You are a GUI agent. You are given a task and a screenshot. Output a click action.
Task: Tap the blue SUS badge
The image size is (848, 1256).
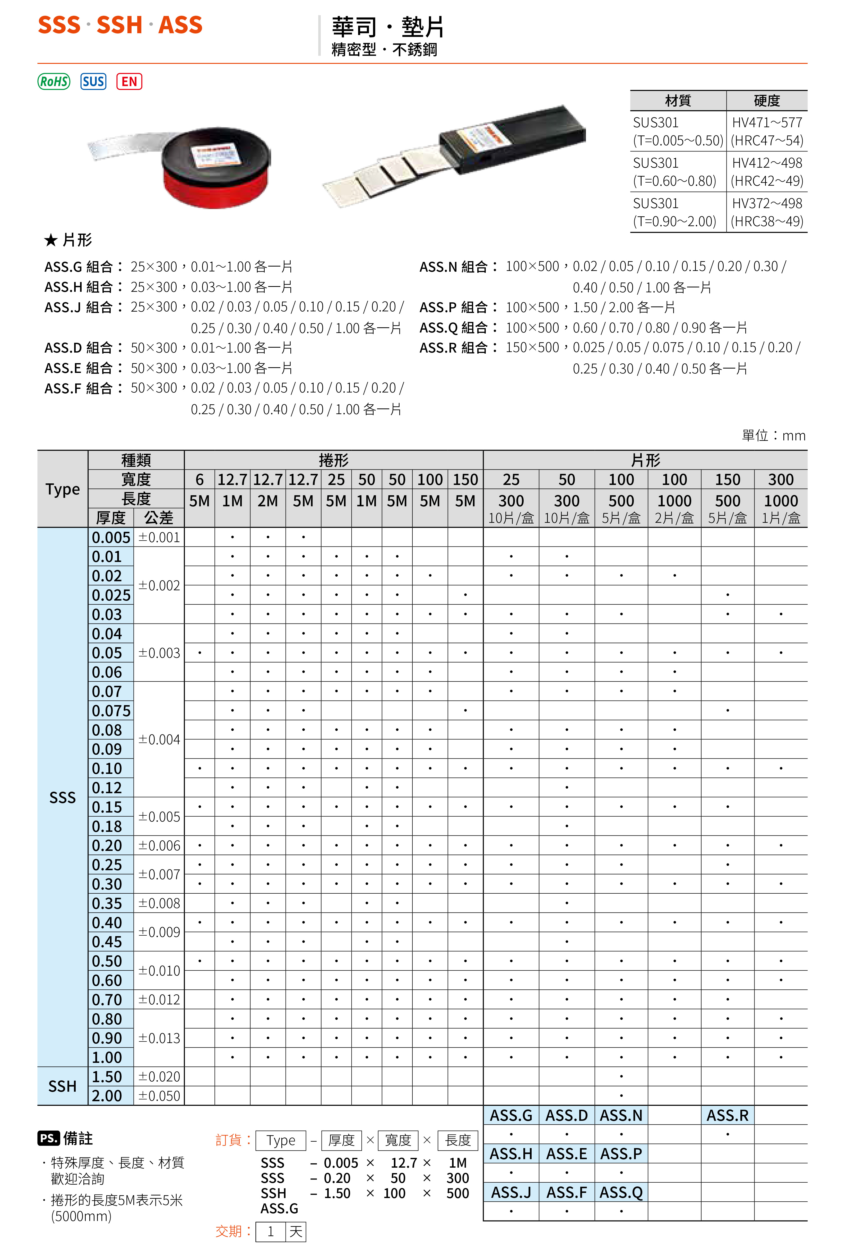pos(93,82)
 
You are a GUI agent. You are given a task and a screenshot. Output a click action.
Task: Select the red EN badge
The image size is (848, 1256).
pos(129,82)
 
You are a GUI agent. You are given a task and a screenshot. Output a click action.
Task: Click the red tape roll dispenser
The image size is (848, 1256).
pos(216,168)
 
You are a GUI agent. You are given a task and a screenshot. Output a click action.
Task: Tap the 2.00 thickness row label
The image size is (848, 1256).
pos(107,1096)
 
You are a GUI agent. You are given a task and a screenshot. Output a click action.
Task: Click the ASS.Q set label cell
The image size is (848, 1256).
pos(621,1192)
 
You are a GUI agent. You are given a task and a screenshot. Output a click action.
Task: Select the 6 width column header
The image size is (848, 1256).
pos(199,479)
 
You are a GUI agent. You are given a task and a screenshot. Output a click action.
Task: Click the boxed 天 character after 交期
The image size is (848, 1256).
pos(296,1232)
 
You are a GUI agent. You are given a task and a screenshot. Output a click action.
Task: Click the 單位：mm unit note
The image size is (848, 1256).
pos(773,435)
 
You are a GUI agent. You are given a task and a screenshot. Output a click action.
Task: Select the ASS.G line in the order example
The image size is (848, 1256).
pos(279,1208)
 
